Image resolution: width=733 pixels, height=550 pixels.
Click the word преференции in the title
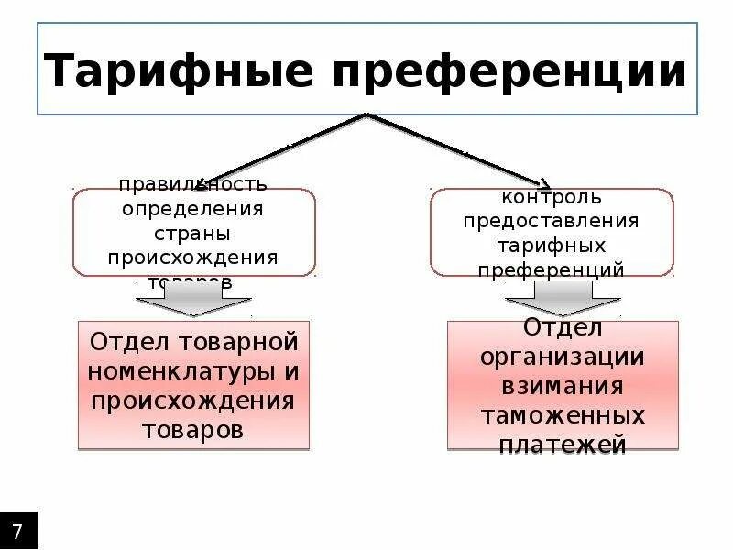(x=509, y=71)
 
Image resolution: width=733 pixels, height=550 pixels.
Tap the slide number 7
(x=18, y=531)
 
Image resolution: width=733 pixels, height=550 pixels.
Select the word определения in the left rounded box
(x=193, y=208)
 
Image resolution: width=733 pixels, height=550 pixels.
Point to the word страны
(x=193, y=233)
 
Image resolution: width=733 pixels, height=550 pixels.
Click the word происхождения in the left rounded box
(x=193, y=257)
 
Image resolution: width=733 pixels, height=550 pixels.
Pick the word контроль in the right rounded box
(x=551, y=197)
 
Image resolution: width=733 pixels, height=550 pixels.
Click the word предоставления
(x=551, y=221)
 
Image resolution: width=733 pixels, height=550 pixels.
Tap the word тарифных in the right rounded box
(x=551, y=246)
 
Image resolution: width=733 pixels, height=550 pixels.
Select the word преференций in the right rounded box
(x=551, y=269)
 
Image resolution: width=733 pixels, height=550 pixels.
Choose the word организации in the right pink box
(x=563, y=357)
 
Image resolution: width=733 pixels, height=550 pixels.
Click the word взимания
(x=563, y=386)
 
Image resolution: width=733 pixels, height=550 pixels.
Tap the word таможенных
(x=563, y=415)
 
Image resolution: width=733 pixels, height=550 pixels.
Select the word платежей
(x=563, y=445)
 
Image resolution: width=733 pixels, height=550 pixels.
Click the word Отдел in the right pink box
(x=563, y=327)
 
